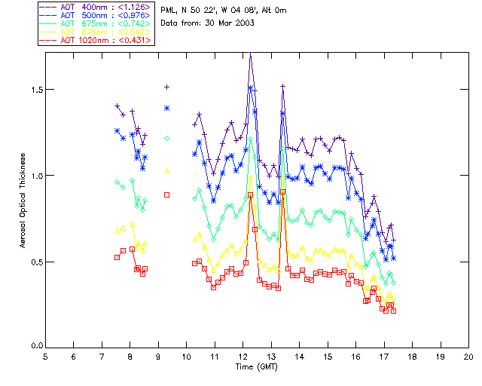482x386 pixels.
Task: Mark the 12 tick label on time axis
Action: click(x=243, y=356)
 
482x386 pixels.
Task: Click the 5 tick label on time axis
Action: click(x=45, y=356)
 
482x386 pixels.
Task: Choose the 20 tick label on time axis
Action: click(x=468, y=356)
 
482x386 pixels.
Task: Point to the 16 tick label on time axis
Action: click(x=355, y=356)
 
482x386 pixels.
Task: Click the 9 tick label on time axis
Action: click(x=158, y=356)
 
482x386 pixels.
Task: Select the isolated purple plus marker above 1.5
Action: click(x=167, y=87)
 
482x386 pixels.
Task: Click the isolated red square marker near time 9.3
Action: click(x=167, y=195)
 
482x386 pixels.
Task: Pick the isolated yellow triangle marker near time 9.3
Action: click(x=167, y=170)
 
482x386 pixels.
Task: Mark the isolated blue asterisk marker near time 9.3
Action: click(x=167, y=109)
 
